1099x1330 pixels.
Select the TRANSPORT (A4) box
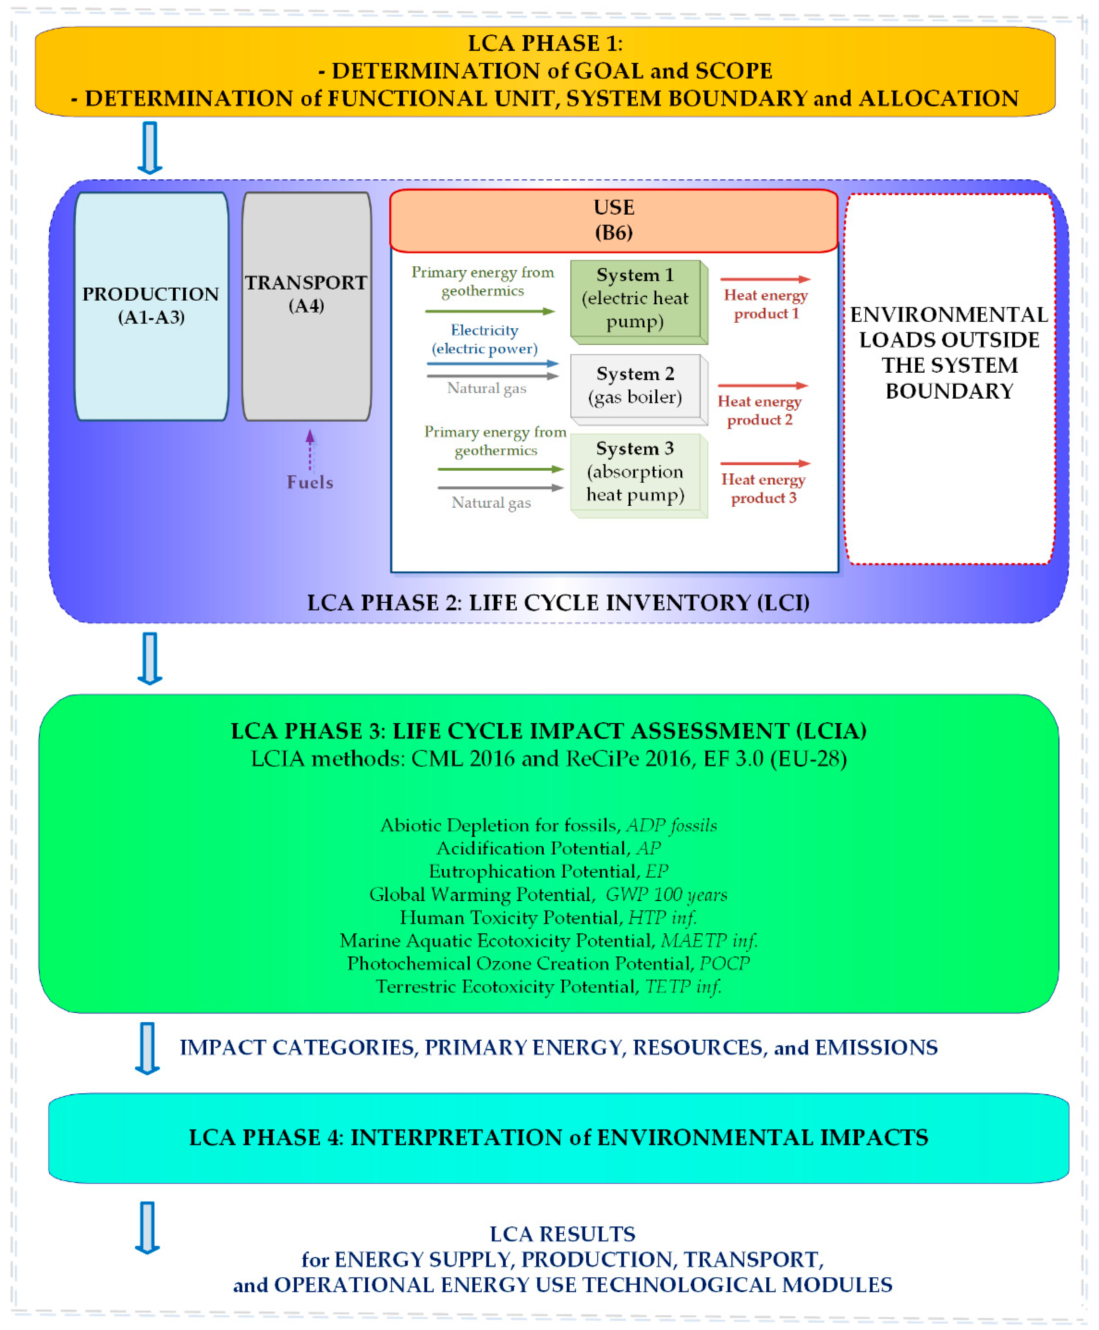(306, 305)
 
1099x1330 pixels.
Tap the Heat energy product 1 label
(766, 305)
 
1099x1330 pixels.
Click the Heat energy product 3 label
(764, 488)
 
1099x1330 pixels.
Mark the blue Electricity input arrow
(493, 364)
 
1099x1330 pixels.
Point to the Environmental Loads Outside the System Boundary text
(949, 353)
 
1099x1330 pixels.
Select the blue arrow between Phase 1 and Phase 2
(150, 147)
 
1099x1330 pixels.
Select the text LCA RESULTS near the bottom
(562, 1234)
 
